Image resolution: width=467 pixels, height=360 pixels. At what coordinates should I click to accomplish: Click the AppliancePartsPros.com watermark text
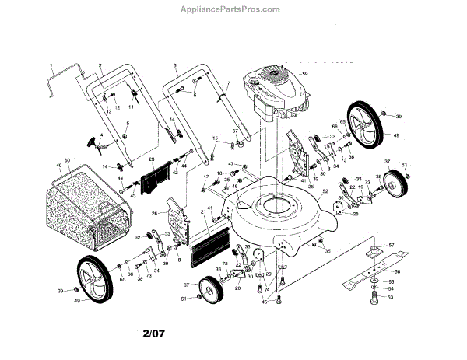coord(233,9)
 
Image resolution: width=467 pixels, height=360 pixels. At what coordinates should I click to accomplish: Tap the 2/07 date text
coord(153,336)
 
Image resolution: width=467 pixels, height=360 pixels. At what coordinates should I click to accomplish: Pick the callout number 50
coord(68,161)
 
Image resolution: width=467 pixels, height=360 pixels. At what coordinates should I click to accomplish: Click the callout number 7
coord(228,82)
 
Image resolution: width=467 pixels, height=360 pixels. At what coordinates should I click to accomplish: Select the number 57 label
coord(392,246)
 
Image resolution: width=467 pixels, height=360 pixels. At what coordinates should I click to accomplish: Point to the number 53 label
coord(391,297)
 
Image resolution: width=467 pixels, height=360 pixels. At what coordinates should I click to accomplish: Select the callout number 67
coord(233,132)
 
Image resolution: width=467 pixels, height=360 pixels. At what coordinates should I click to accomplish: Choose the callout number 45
coord(265,302)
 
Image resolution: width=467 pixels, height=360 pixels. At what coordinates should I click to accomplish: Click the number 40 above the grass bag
coord(58,165)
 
